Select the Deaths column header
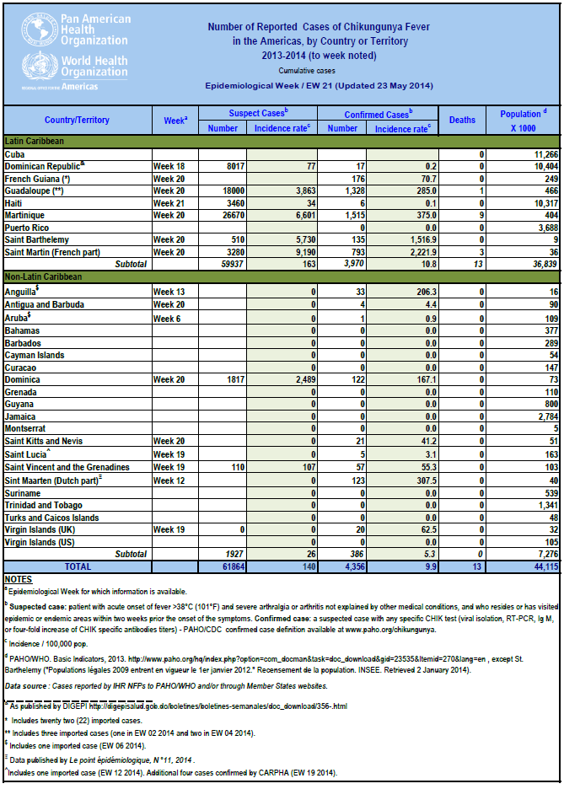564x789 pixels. click(x=462, y=120)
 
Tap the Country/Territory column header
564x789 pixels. click(x=77, y=120)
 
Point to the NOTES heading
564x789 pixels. click(x=18, y=579)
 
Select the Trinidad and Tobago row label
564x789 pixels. click(x=44, y=505)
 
